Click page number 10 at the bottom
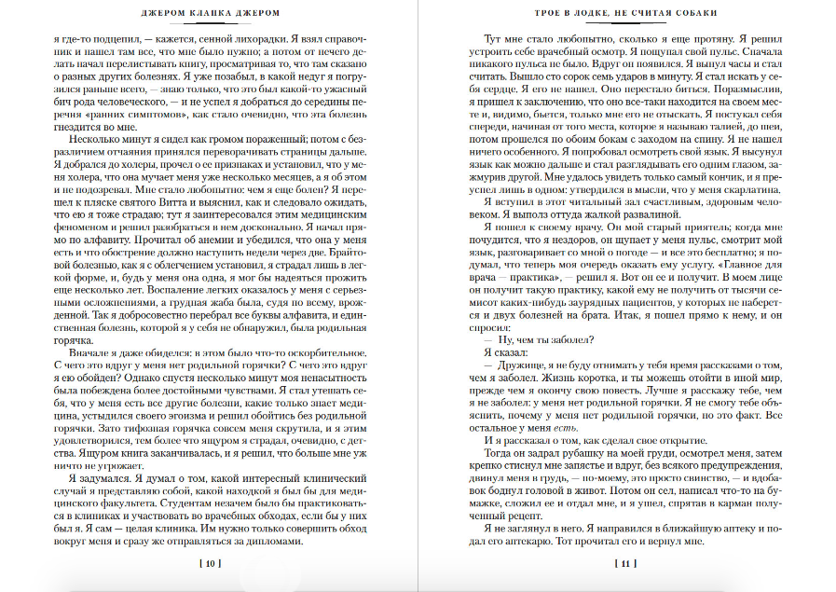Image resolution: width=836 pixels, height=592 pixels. (x=210, y=563)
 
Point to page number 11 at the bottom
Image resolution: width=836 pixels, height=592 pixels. (x=625, y=563)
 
